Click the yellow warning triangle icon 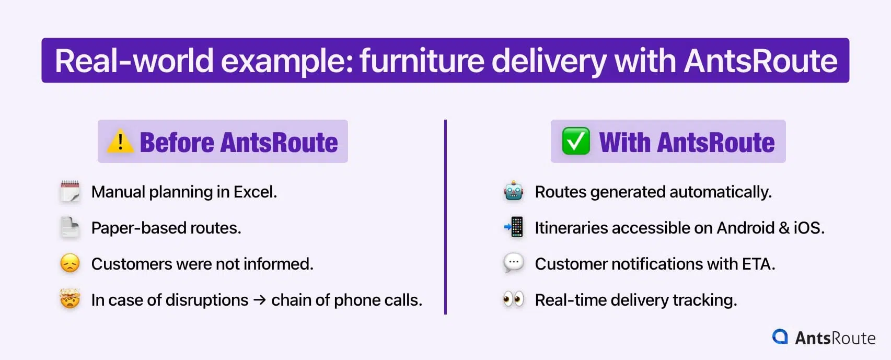[x=120, y=141]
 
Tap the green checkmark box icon [x=575, y=141]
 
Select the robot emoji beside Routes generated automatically [x=514, y=191]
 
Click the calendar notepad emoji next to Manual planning [x=70, y=191]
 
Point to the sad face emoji [x=70, y=263]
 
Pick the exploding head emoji [x=70, y=299]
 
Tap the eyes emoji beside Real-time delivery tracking [x=514, y=299]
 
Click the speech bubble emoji [x=514, y=263]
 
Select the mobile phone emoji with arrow [x=514, y=227]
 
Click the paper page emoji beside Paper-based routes [x=70, y=227]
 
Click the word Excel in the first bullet [x=255, y=192]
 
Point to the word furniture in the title [x=422, y=61]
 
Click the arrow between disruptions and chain [x=260, y=300]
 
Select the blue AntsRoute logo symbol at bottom [x=780, y=336]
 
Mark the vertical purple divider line [x=445, y=217]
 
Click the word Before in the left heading [x=177, y=142]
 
